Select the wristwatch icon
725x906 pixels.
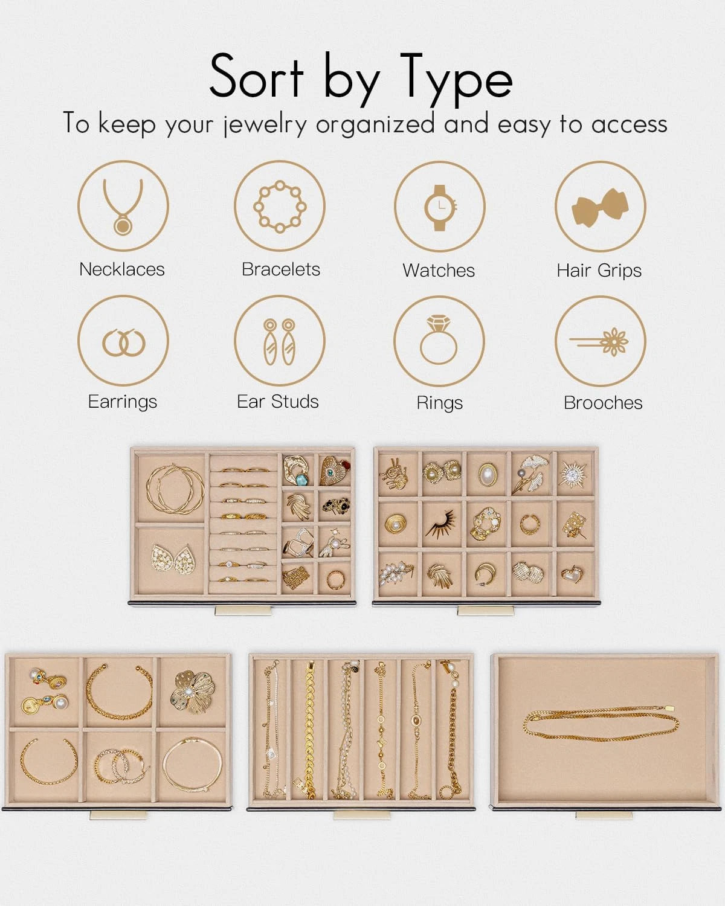pos(440,208)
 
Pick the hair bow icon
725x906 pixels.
pos(601,208)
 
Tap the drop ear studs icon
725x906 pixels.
pos(279,341)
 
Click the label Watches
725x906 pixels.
pos(439,270)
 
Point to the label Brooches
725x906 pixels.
pos(603,403)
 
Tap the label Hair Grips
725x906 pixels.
pos(599,271)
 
